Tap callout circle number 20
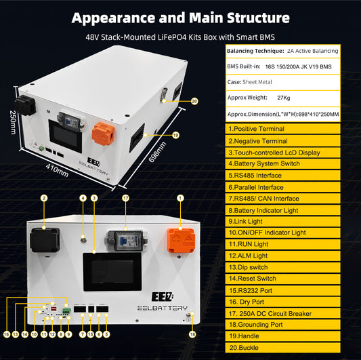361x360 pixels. click(194, 101)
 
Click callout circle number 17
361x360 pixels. click(125, 198)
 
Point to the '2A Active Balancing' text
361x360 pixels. click(312, 51)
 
